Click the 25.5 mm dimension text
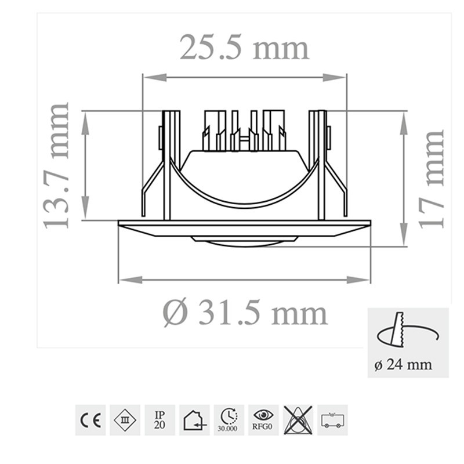(x=244, y=48)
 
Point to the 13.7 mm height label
(x=58, y=165)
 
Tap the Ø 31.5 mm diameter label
(x=245, y=313)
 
